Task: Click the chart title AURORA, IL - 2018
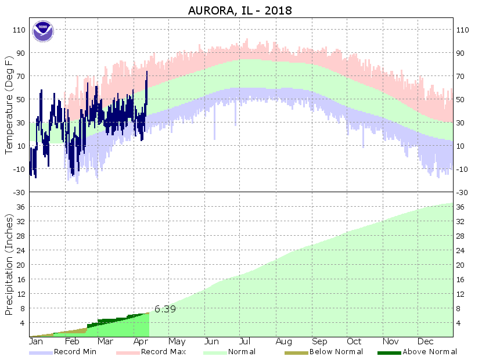click(240, 10)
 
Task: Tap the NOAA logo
click(42, 31)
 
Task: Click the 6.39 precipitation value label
click(165, 309)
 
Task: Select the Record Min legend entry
click(75, 352)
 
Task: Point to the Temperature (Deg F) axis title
click(9, 105)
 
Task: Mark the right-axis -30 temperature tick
click(462, 192)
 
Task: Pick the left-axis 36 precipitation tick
click(21, 207)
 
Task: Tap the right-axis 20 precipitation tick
click(462, 265)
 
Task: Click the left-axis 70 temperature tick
click(21, 76)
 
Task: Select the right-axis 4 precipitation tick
click(459, 323)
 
